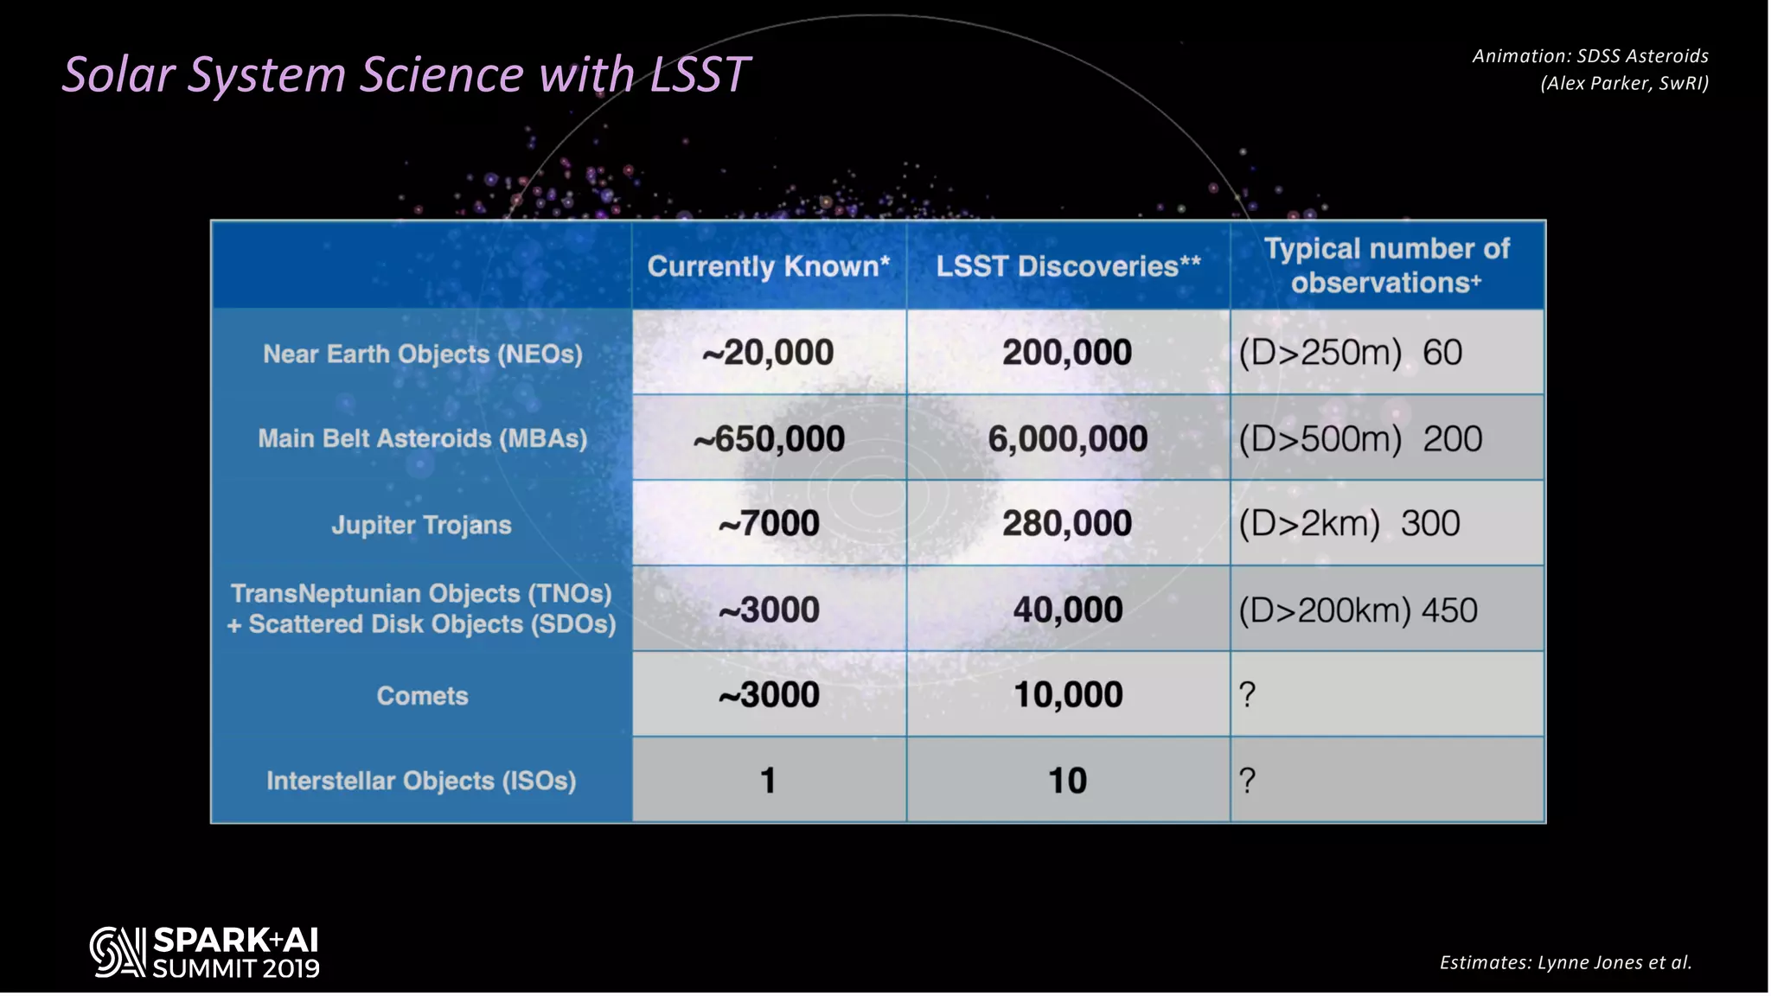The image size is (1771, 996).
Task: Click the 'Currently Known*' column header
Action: click(768, 266)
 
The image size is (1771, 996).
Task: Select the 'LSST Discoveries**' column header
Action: click(1068, 266)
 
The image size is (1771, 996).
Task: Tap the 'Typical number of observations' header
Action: click(1386, 265)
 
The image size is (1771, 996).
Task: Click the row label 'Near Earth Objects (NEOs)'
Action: click(422, 354)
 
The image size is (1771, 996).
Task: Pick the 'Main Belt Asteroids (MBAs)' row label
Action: click(422, 438)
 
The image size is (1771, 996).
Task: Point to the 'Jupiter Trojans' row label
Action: click(421, 525)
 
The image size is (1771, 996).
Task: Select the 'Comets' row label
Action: click(422, 696)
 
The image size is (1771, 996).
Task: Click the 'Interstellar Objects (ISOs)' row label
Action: click(421, 781)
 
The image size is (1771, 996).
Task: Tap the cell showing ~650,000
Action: click(768, 439)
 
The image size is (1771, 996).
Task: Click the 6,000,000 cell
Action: click(1068, 439)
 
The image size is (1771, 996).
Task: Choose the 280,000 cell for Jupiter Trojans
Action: click(1067, 524)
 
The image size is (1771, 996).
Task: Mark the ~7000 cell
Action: click(768, 524)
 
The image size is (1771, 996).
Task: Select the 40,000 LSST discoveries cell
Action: click(1068, 610)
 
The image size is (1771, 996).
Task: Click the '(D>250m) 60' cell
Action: click(1351, 353)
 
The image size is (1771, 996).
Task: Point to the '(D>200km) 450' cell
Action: click(1358, 610)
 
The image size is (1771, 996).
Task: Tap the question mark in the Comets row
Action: click(1247, 695)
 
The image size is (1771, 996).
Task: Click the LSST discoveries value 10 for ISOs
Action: click(1067, 781)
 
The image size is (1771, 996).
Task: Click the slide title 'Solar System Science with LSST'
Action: click(406, 74)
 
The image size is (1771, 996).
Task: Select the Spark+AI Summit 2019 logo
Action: click(205, 953)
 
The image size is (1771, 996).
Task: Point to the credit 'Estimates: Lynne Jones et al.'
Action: click(1565, 962)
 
